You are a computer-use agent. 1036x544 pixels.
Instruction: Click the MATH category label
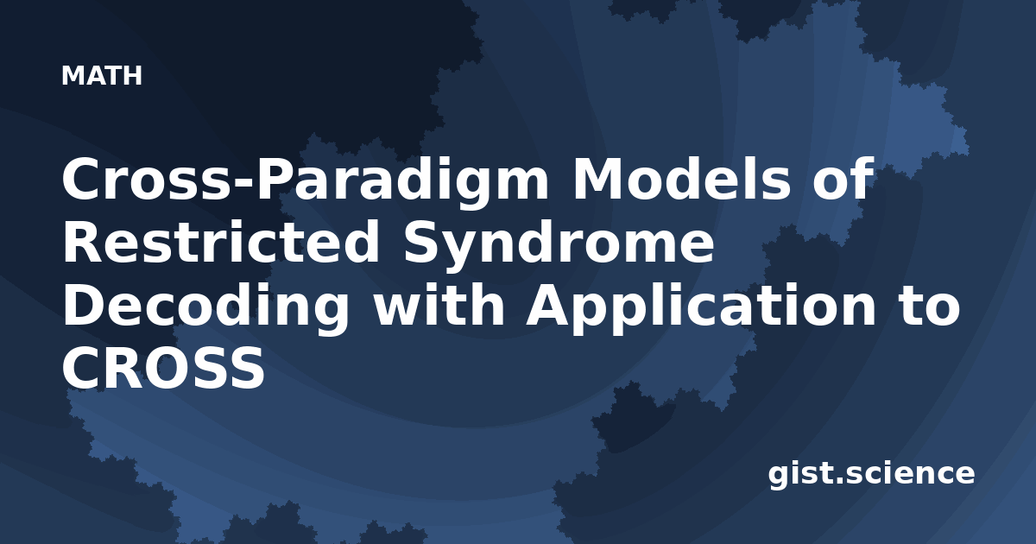[102, 75]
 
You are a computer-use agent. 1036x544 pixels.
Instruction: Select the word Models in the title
[682, 179]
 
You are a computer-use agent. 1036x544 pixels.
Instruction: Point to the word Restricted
[221, 242]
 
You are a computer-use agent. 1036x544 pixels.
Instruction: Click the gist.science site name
[871, 475]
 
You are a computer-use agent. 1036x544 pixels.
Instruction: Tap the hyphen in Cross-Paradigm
[243, 184]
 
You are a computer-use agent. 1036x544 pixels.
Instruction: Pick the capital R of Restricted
[83, 242]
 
